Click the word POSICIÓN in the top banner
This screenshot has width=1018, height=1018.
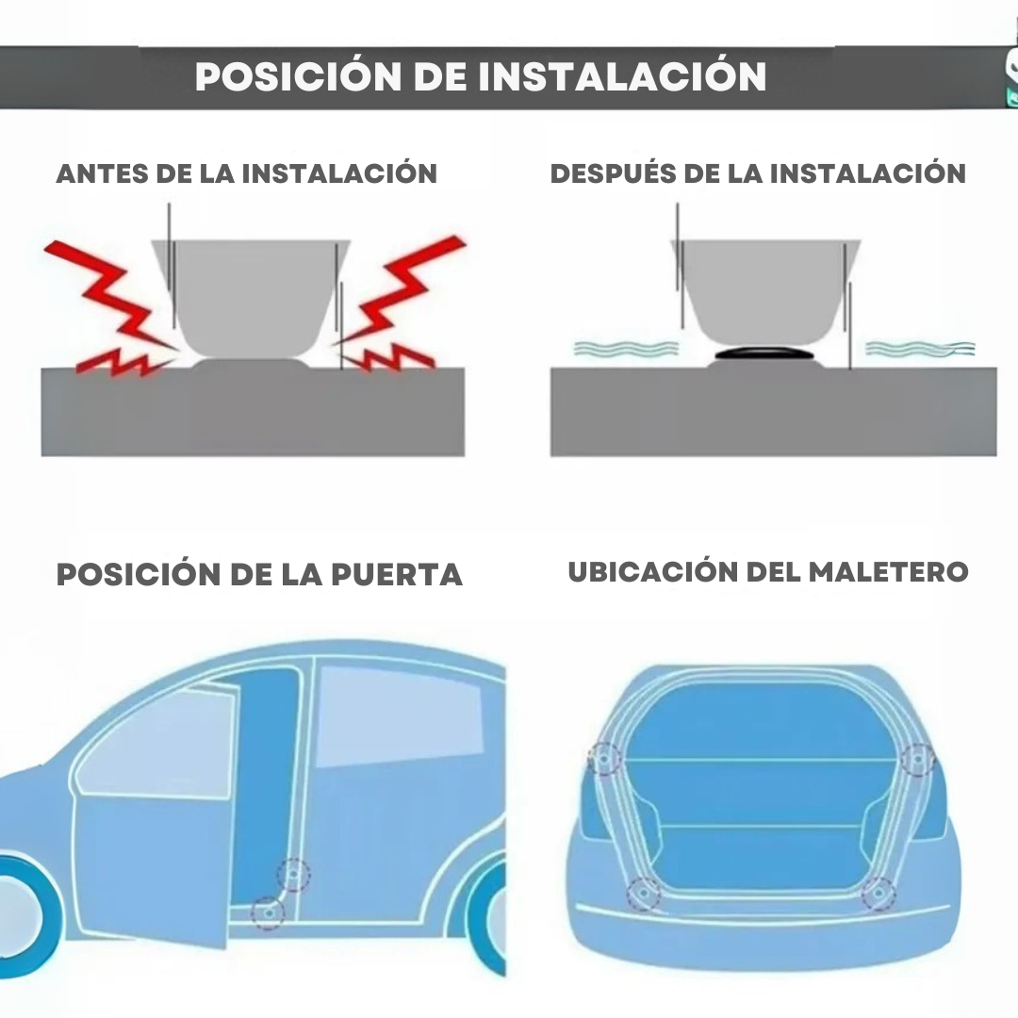coord(298,76)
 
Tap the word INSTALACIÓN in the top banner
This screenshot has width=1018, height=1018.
coord(622,76)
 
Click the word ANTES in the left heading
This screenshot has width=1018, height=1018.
coord(102,174)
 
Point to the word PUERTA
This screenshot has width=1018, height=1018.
coord(397,575)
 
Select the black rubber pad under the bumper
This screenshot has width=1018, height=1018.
coord(764,353)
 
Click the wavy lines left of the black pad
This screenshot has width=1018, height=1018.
coord(625,349)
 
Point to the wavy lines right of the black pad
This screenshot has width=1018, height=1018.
coord(920,349)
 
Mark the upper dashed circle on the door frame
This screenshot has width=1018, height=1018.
coord(293,875)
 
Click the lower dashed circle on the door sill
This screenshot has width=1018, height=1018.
coord(268,913)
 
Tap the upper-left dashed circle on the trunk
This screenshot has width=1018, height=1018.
coord(604,759)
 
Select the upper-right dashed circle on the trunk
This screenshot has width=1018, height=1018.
coord(918,759)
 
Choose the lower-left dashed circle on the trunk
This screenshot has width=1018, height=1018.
coord(644,894)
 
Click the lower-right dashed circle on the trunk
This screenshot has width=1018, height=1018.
coord(878,894)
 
